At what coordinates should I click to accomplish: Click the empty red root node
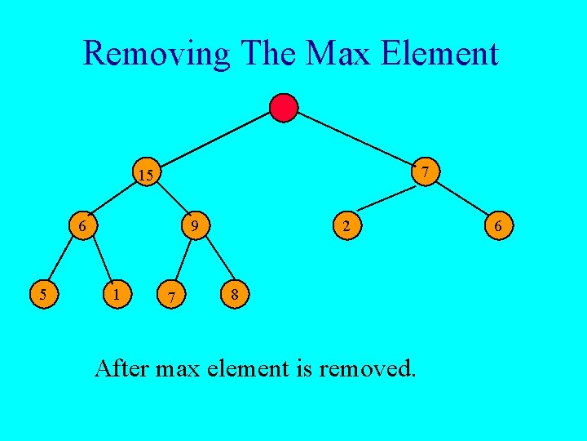point(284,108)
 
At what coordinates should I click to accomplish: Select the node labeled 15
point(147,175)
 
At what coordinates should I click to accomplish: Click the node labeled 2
point(346,225)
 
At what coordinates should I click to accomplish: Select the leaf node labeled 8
point(234,294)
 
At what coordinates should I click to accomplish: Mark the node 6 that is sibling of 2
point(499,225)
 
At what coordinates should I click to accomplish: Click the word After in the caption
point(121,368)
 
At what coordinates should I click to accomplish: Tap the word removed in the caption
point(368,368)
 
